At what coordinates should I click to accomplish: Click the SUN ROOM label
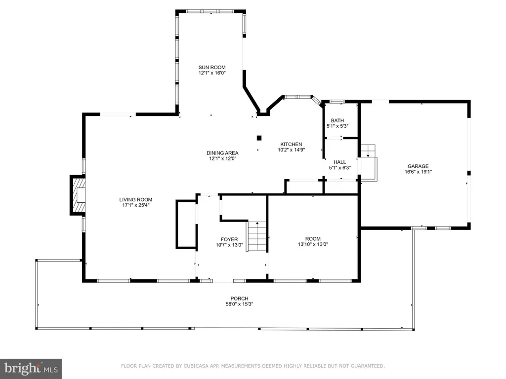(x=212, y=67)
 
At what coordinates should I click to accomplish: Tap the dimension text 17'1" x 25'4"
(x=135, y=205)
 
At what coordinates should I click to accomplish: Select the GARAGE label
(x=418, y=166)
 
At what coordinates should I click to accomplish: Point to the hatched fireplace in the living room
(x=79, y=195)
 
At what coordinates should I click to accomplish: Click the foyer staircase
(x=257, y=236)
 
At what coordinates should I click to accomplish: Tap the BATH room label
(x=337, y=120)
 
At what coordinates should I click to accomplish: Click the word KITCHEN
(x=291, y=145)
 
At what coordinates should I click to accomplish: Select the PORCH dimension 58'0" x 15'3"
(x=240, y=304)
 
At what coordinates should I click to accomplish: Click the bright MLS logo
(x=31, y=369)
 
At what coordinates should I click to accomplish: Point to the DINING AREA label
(x=222, y=153)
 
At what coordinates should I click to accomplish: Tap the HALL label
(x=340, y=162)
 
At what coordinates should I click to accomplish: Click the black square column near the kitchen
(x=259, y=138)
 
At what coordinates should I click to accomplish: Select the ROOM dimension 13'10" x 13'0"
(x=313, y=244)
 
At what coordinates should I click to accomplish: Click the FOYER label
(x=229, y=239)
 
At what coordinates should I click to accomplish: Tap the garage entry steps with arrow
(x=368, y=162)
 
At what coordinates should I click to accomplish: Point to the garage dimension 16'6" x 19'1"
(x=418, y=172)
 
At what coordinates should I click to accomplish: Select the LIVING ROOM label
(x=135, y=199)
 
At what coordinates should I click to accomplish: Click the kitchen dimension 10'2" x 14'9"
(x=292, y=150)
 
